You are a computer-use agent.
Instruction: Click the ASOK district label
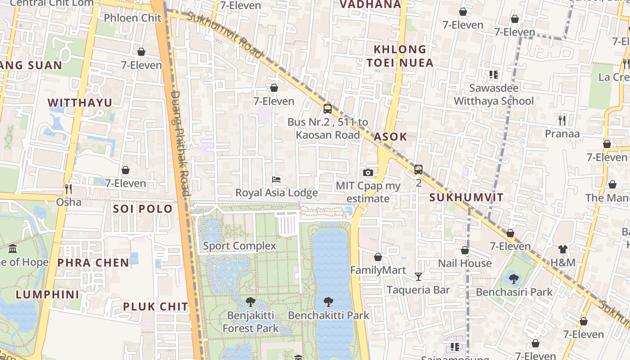click(390, 137)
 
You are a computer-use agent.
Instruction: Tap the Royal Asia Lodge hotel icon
click(276, 180)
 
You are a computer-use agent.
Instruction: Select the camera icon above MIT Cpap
click(368, 173)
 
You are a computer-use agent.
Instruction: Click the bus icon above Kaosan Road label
click(328, 109)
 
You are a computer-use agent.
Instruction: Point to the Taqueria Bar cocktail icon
click(418, 276)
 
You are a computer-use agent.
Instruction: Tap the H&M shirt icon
click(562, 249)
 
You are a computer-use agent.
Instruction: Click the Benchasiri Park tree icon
click(513, 279)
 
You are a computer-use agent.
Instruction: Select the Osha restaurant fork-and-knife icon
click(68, 189)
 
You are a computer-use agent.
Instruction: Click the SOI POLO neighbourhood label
click(143, 209)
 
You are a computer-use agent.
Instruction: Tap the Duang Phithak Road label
click(180, 144)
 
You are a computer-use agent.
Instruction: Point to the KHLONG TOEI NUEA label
click(400, 56)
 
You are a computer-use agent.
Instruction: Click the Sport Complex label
click(239, 246)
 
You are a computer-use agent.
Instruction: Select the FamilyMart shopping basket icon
click(378, 257)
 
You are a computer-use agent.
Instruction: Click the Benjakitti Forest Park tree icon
click(251, 302)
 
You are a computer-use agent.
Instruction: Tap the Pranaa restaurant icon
click(562, 121)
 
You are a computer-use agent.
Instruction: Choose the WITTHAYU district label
click(80, 103)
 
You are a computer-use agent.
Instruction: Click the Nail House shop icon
click(465, 250)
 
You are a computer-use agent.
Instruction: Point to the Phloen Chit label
click(132, 18)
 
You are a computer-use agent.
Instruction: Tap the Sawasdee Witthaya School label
click(494, 94)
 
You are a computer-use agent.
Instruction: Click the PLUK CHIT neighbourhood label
click(155, 307)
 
